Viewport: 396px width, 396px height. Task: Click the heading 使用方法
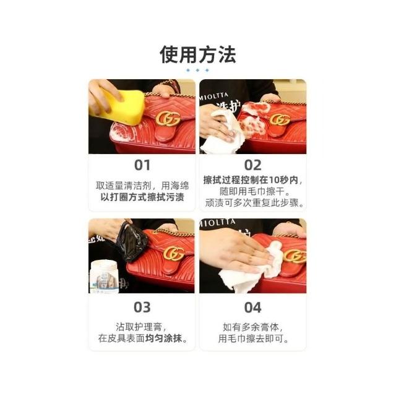coord(198,54)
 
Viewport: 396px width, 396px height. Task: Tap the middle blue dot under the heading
coord(197,70)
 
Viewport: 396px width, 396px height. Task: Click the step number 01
coord(142,165)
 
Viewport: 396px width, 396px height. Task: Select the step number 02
coord(253,165)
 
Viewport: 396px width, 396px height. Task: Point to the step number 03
coord(142,307)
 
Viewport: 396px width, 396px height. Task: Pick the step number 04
coord(253,307)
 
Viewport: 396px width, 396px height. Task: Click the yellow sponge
coord(119,107)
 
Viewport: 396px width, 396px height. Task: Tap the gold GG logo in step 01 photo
coord(168,118)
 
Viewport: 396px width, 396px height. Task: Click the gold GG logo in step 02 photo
coord(280,119)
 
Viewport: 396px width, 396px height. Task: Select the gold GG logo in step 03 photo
coord(174,253)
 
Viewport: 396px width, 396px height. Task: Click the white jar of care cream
coord(104,277)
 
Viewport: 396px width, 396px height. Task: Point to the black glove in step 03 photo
coord(132,243)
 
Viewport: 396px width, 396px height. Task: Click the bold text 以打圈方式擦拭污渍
coord(142,197)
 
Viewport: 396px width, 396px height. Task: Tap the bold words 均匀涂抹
coord(163,338)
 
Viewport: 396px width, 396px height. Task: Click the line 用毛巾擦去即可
coord(253,338)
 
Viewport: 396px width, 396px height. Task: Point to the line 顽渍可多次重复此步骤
coord(254,203)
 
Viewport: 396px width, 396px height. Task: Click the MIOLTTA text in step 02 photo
coord(214,96)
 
